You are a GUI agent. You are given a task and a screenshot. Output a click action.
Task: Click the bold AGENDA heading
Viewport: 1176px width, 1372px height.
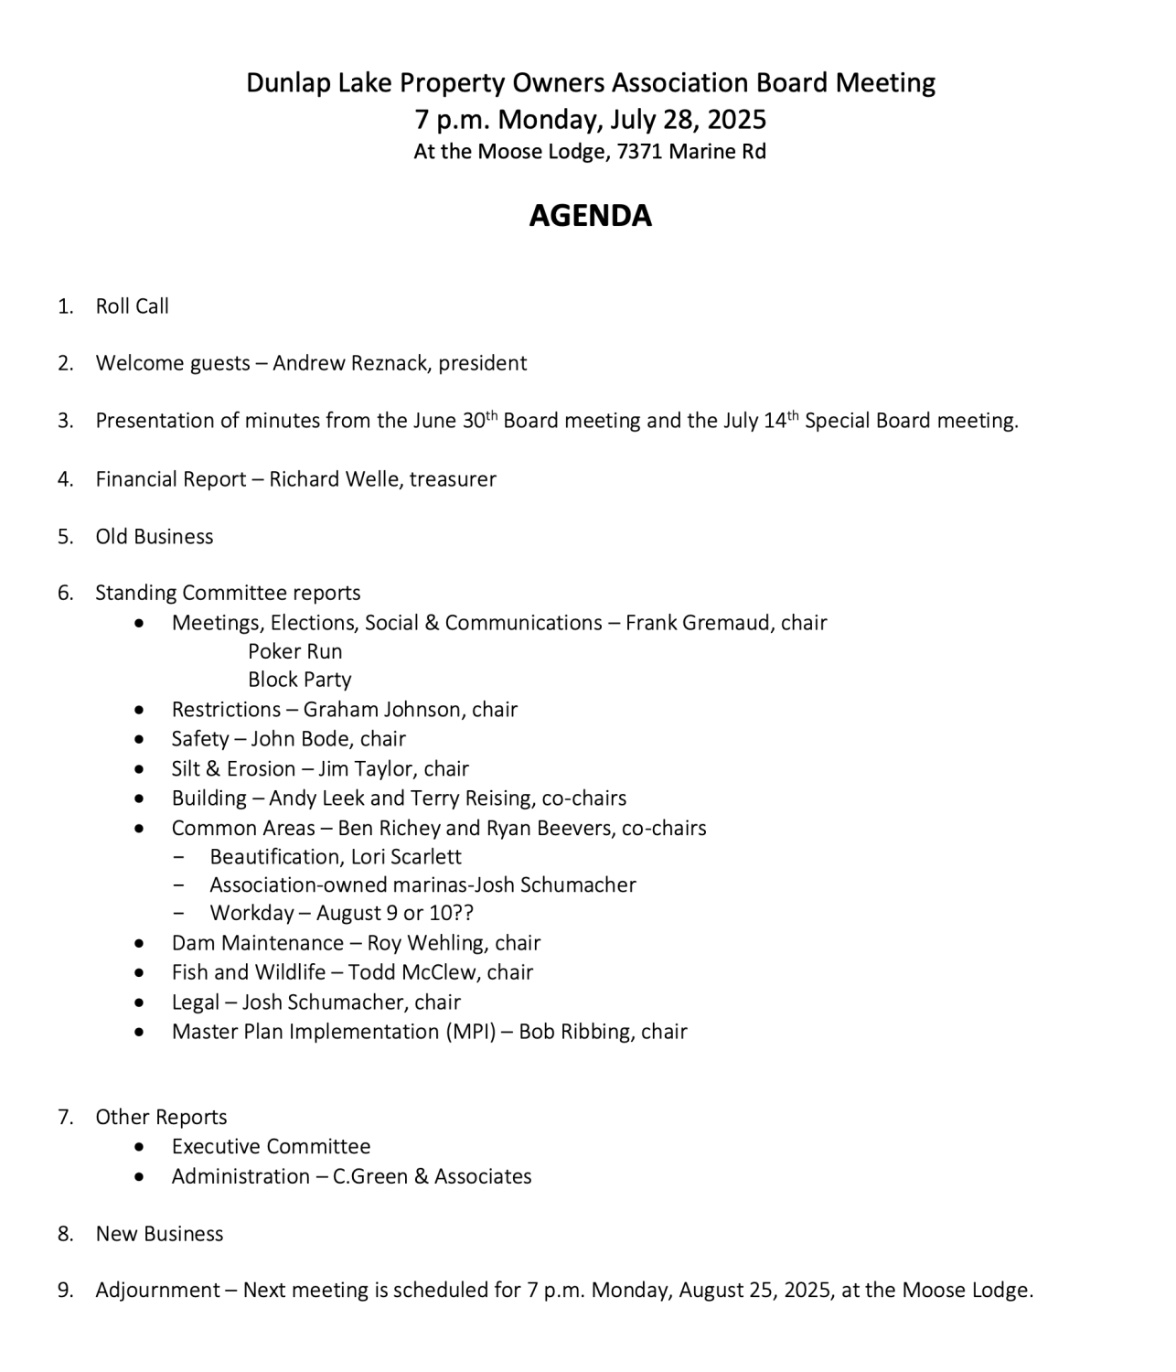coord(590,216)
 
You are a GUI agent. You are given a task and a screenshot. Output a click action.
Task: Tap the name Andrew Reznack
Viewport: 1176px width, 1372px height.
coord(350,363)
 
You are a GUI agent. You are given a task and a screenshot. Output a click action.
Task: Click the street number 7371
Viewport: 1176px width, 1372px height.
coord(639,152)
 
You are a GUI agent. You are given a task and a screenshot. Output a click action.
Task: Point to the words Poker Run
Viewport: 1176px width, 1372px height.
coord(294,651)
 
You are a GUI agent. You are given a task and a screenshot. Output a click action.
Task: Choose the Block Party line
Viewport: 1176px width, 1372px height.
coord(299,680)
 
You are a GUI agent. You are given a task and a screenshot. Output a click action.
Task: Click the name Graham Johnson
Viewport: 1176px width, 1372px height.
coord(383,710)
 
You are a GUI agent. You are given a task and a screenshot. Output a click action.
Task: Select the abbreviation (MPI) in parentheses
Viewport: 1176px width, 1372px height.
coord(471,1032)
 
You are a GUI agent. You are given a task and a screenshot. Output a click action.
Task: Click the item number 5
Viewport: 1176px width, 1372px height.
coord(65,537)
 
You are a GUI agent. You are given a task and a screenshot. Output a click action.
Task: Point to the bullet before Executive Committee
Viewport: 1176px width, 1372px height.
coord(139,1147)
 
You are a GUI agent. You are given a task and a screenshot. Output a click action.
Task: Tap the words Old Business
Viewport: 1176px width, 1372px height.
coord(155,537)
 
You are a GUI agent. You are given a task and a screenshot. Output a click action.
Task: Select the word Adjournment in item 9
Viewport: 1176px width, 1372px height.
coord(157,1291)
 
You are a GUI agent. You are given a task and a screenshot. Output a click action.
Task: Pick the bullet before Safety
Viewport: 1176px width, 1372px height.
coord(139,739)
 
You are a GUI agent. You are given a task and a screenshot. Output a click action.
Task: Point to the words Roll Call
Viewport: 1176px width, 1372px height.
coord(133,306)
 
